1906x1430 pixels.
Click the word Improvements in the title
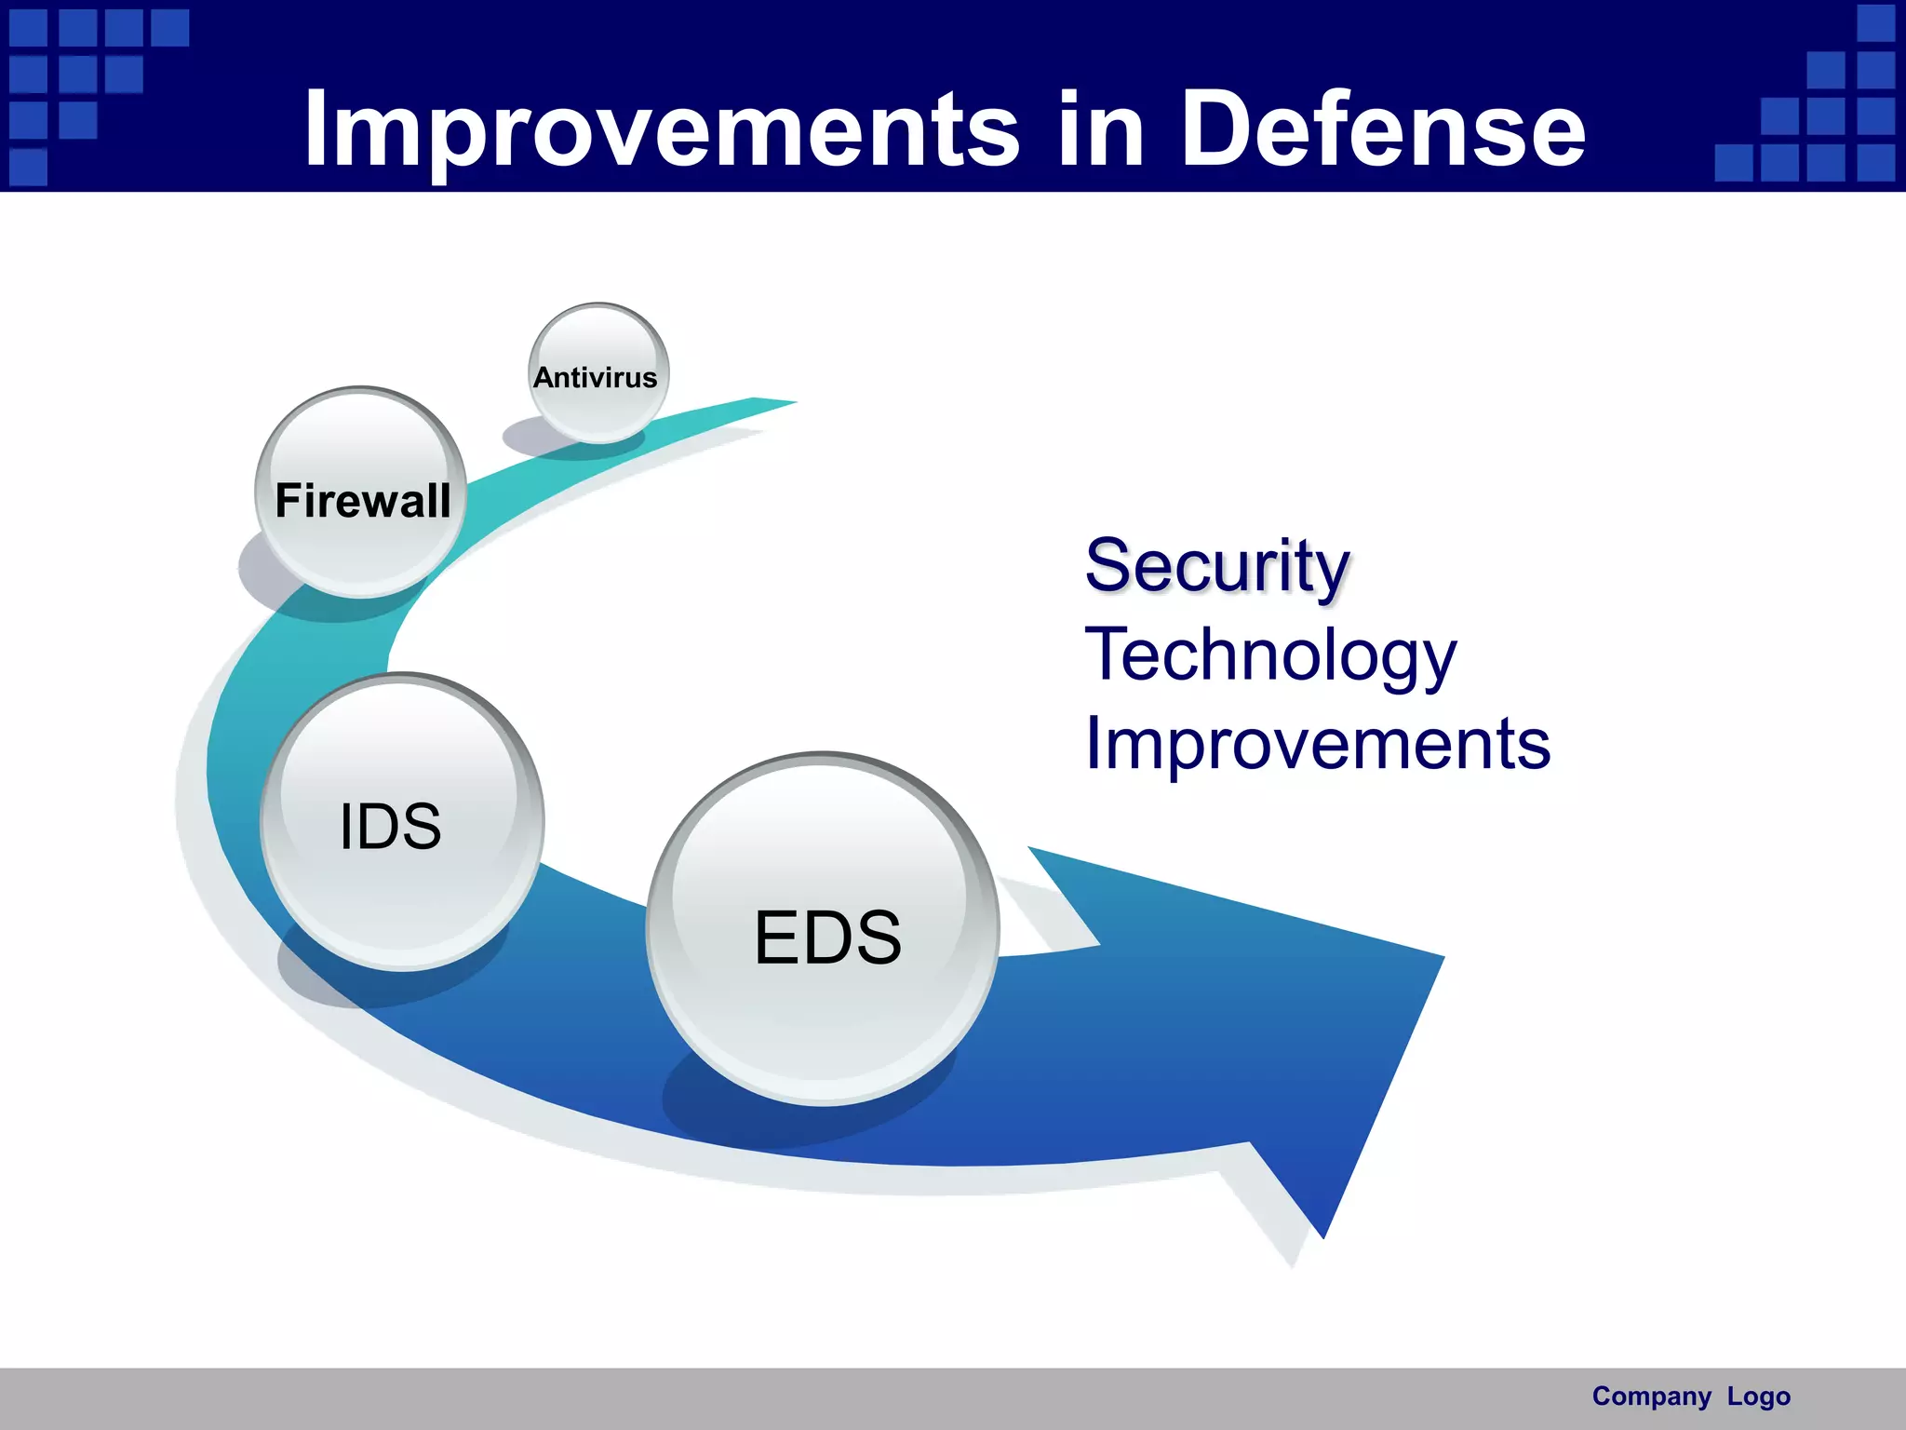[661, 130]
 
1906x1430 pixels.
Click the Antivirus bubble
[597, 372]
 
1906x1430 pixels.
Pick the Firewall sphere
[361, 493]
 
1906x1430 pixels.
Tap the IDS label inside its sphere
[390, 826]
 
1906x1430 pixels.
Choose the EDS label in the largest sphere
[826, 937]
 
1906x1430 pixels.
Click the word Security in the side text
[1216, 565]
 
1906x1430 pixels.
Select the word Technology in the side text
[1270, 654]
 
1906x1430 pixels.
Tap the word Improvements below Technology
[1317, 744]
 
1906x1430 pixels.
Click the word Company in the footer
[1651, 1396]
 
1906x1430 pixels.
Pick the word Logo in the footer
[1758, 1396]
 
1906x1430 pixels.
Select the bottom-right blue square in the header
[1875, 163]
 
